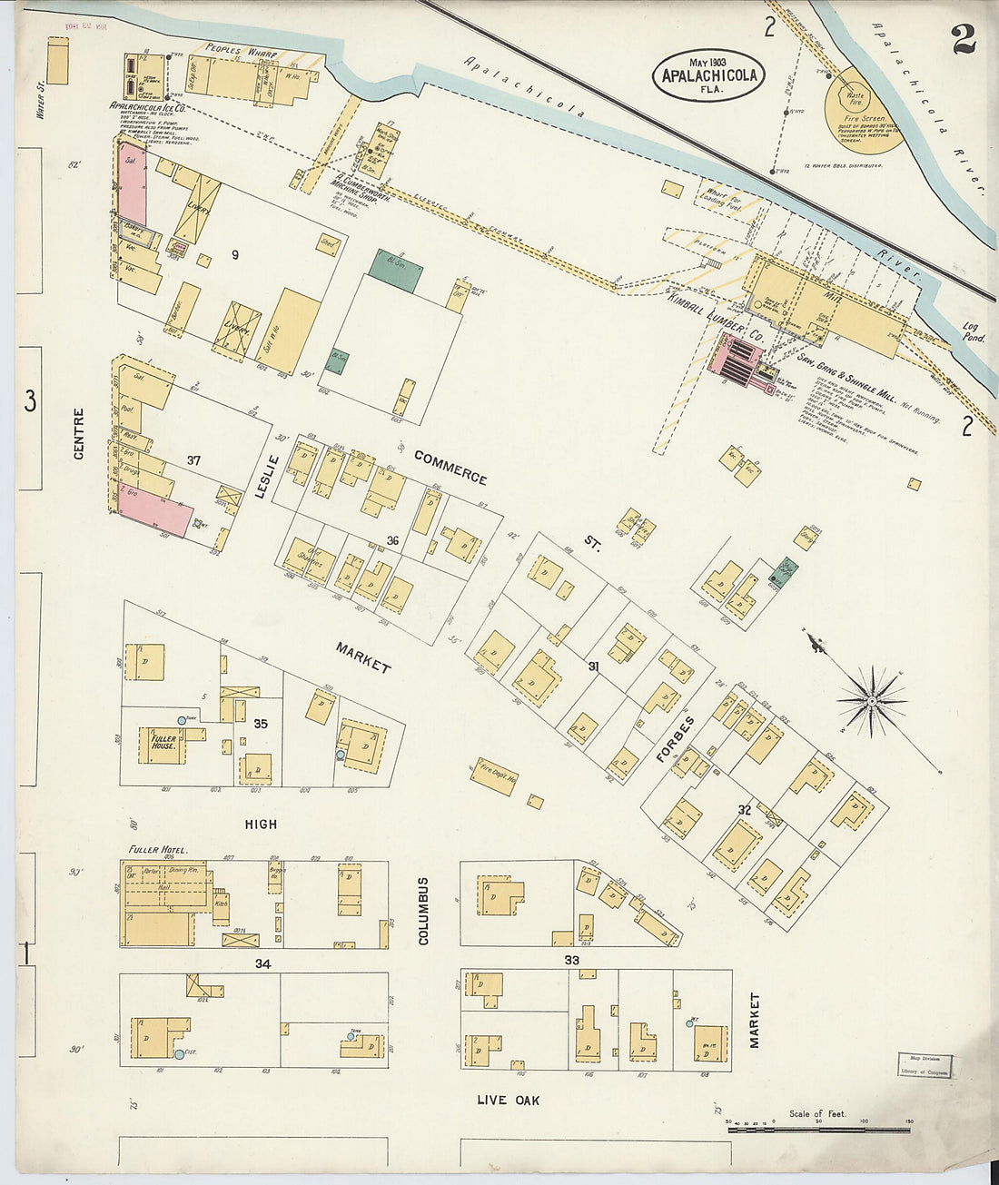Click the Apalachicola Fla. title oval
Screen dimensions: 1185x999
(x=708, y=74)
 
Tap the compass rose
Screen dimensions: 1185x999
(x=871, y=700)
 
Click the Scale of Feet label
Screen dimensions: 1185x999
(x=817, y=1113)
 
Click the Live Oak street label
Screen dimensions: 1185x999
(x=509, y=1101)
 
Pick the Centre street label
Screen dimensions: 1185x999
(x=78, y=433)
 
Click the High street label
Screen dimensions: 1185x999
(x=261, y=825)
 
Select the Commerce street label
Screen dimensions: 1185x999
(x=450, y=467)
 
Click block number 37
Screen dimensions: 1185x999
(x=193, y=461)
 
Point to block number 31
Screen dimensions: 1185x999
(x=593, y=667)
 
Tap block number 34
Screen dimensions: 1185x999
(x=262, y=963)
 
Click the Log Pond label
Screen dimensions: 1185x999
(x=973, y=331)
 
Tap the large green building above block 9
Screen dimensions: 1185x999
(x=395, y=271)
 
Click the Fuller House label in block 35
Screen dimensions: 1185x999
(x=163, y=743)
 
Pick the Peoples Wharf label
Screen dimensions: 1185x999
(x=235, y=51)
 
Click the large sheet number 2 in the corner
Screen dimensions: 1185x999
(x=964, y=39)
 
